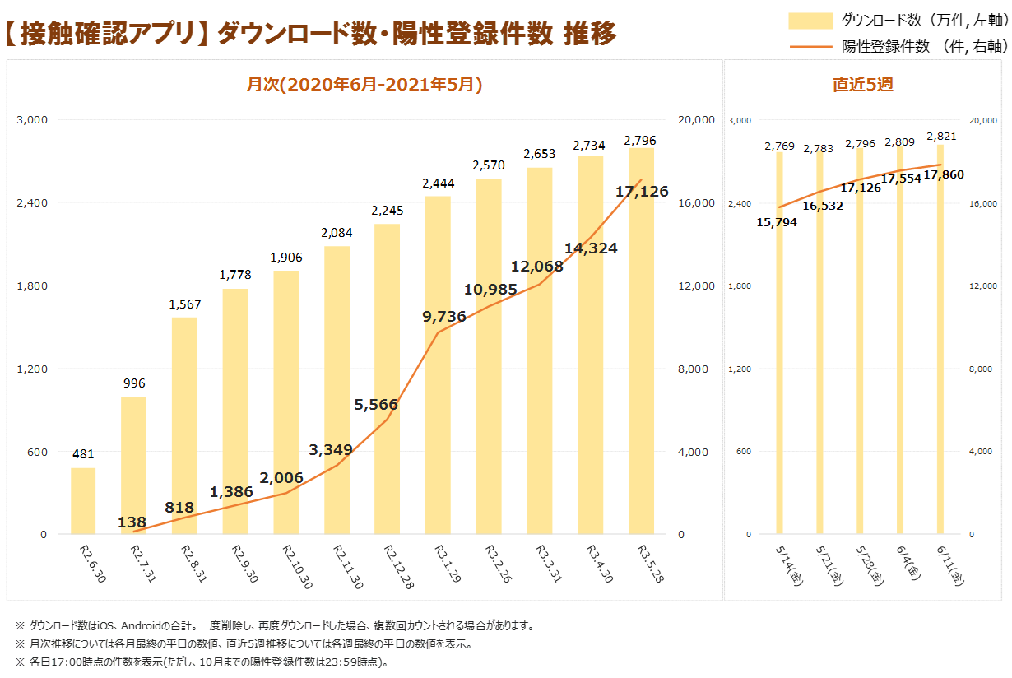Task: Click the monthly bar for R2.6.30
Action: point(83,501)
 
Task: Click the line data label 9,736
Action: point(444,317)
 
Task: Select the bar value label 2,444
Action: point(438,183)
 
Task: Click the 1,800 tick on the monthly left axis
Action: point(33,286)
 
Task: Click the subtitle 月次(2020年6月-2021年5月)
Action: point(364,85)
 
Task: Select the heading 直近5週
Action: point(862,85)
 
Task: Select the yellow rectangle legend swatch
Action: point(810,21)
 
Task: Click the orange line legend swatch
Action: point(810,46)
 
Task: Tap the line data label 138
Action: point(132,522)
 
